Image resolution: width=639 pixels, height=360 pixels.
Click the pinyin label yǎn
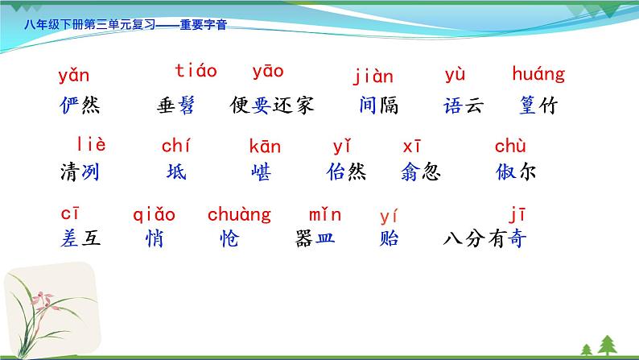click(x=74, y=77)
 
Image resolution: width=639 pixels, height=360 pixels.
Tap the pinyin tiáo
click(x=196, y=71)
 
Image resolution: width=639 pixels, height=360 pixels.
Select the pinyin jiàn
click(x=373, y=77)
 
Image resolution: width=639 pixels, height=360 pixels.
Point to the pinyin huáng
click(x=538, y=76)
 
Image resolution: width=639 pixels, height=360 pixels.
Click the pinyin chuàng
click(x=239, y=215)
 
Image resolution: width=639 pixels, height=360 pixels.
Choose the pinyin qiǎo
click(x=154, y=215)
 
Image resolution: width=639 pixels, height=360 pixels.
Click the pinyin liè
click(x=91, y=145)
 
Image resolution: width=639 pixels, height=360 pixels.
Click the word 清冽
click(x=80, y=172)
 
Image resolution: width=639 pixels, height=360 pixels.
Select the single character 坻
click(x=175, y=172)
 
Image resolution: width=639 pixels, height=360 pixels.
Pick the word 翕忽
click(x=418, y=172)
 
